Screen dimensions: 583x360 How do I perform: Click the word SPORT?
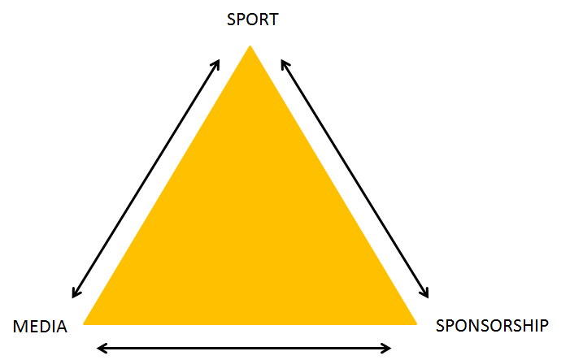pos(252,19)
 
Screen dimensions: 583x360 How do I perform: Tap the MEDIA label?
pos(40,327)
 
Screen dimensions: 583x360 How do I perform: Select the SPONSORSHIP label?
pos(492,326)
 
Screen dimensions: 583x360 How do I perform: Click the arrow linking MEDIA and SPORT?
pos(146,178)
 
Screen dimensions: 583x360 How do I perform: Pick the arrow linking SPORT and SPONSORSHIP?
pos(354,178)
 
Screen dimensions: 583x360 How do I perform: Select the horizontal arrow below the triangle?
pos(244,348)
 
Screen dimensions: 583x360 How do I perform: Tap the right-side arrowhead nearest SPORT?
pos(282,63)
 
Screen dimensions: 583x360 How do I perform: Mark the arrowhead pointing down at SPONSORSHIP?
pos(424,293)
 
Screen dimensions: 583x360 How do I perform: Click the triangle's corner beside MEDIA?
pos(86,322)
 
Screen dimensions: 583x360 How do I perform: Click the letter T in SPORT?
pos(272,19)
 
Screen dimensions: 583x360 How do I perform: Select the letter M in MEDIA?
pos(20,327)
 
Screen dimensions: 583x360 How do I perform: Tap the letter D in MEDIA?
pos(43,327)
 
